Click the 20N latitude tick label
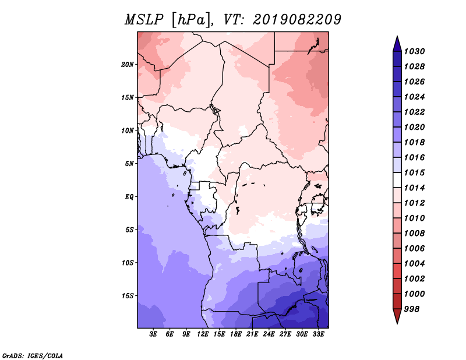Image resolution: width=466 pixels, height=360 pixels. click(128, 65)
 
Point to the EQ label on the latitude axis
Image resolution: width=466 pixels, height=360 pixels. click(129, 197)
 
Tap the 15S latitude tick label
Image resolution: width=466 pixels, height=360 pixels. click(128, 296)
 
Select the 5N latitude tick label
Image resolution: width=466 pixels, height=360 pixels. click(129, 164)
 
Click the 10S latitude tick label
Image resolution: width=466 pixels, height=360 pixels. click(128, 263)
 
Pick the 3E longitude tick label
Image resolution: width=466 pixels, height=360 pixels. click(153, 334)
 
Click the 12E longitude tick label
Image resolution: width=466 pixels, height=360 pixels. click(203, 334)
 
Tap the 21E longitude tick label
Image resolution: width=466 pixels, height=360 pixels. click(252, 334)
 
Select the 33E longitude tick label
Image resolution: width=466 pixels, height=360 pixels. click(318, 334)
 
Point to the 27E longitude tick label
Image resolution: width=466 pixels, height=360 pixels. click(285, 334)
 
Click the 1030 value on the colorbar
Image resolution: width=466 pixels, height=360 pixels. click(415, 51)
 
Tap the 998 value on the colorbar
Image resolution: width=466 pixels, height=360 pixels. click(412, 309)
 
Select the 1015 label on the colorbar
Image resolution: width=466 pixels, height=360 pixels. click(415, 172)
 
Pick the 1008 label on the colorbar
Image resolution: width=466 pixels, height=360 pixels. click(415, 234)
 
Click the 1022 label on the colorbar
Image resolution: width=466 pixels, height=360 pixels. click(415, 112)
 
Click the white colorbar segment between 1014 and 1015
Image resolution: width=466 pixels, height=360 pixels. click(397, 180)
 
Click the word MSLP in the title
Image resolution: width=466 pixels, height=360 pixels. click(144, 20)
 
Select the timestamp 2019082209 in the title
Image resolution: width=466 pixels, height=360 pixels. click(297, 20)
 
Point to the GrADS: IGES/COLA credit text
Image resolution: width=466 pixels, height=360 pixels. click(33, 356)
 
